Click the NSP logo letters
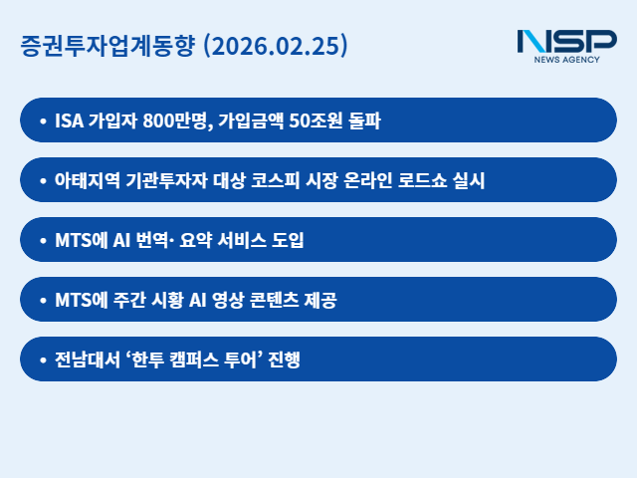(566, 41)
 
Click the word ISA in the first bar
(69, 121)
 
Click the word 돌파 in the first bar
(363, 121)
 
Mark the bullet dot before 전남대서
(42, 360)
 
